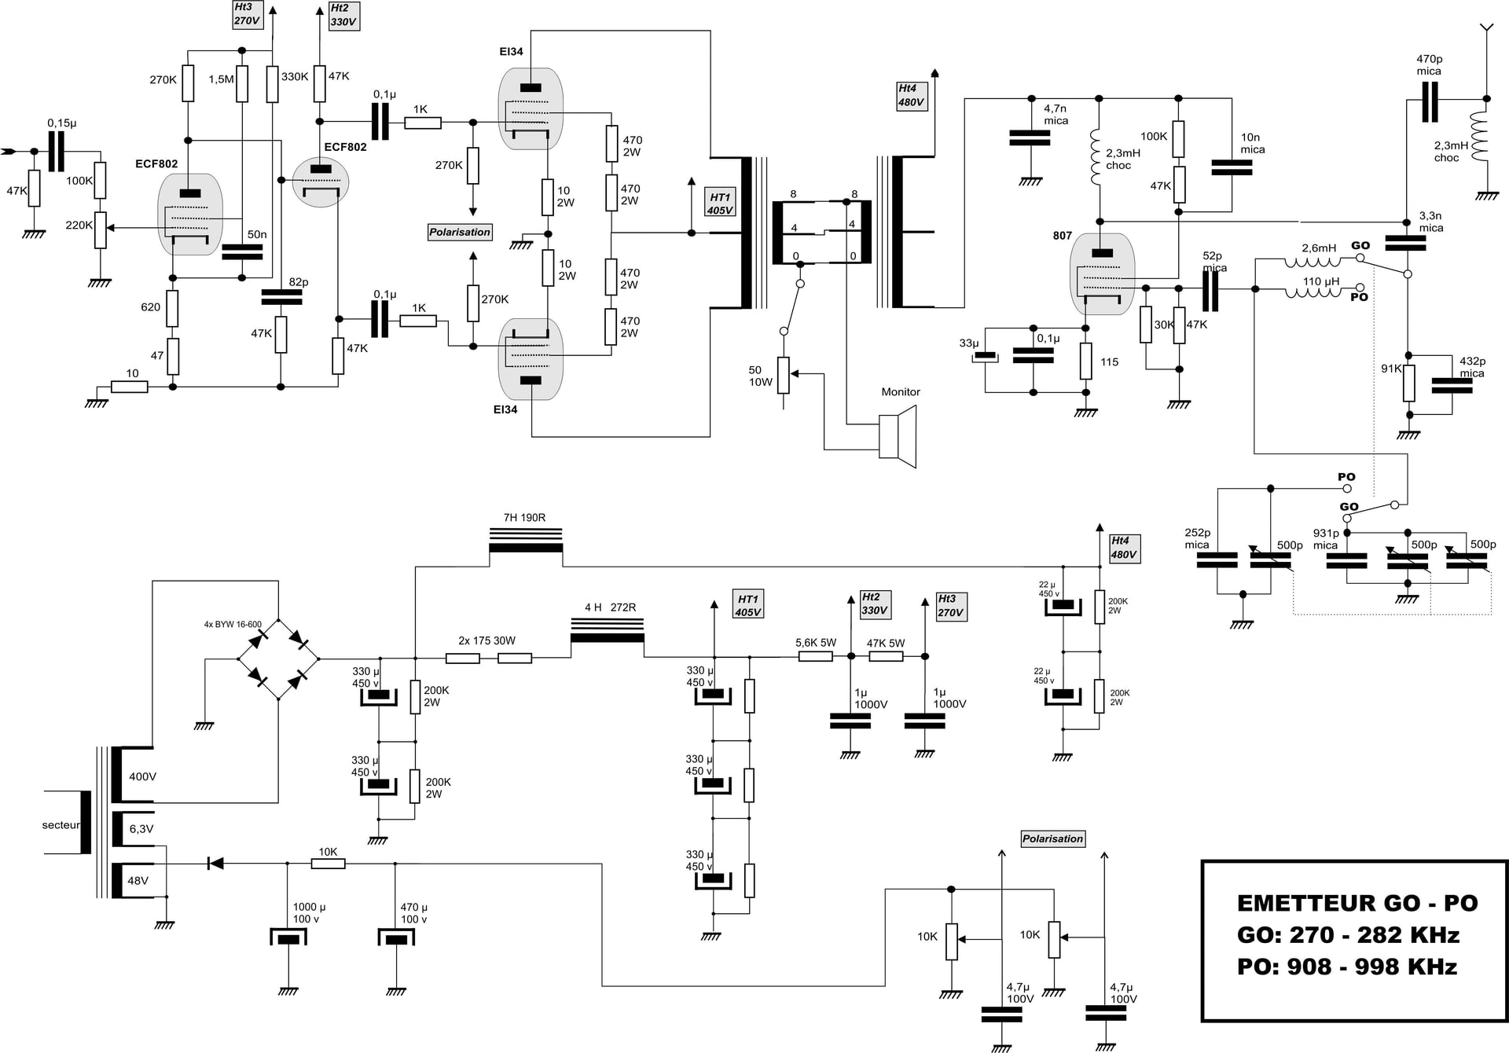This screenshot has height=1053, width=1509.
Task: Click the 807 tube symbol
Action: (x=1103, y=273)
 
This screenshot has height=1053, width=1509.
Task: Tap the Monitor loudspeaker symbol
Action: (x=898, y=436)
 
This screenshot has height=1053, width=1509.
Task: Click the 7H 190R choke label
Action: (x=524, y=517)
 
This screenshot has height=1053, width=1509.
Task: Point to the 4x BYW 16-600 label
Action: (x=233, y=625)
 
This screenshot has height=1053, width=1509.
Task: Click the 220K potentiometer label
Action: (x=79, y=225)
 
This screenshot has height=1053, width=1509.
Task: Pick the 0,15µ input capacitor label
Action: (x=62, y=123)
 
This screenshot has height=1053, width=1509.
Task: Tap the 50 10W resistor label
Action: (x=761, y=376)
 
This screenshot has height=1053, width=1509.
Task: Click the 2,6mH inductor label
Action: (x=1319, y=248)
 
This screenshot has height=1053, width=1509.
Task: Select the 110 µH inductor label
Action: (x=1321, y=281)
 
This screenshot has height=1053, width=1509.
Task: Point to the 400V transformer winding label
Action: (x=143, y=776)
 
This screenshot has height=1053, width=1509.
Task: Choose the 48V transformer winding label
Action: (x=138, y=881)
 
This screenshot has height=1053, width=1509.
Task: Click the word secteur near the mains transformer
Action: (x=61, y=825)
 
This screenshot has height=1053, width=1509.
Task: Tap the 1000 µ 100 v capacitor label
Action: (x=309, y=913)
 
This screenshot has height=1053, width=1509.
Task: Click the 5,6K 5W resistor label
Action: (x=816, y=643)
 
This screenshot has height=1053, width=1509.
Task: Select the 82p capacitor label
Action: (x=299, y=282)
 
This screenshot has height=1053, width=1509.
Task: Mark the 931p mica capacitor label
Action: (x=1326, y=539)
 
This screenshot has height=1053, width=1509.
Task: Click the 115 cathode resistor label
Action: (x=1109, y=362)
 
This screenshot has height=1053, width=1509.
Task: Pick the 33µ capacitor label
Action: (x=969, y=343)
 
